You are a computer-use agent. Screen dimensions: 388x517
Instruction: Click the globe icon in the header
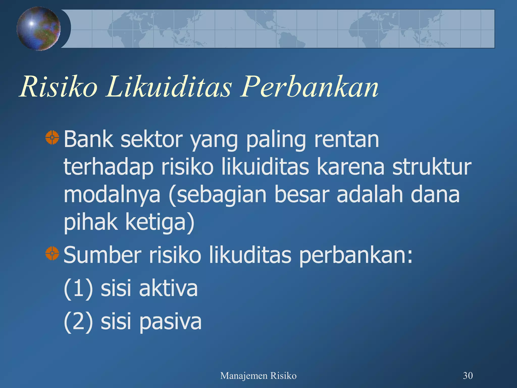click(x=38, y=29)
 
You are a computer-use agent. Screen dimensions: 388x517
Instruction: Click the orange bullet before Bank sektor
click(x=52, y=138)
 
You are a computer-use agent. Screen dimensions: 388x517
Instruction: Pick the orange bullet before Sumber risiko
click(x=52, y=253)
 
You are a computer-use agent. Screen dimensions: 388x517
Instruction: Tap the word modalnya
click(x=112, y=195)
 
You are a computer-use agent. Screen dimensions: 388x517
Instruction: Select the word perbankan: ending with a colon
click(x=356, y=256)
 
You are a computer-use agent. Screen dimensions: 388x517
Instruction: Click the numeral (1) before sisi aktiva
click(x=78, y=288)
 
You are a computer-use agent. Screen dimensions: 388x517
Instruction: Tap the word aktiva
click(x=168, y=288)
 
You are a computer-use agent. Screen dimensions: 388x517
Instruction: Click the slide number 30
click(x=468, y=376)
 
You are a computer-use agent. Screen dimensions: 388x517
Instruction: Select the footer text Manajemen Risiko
click(x=258, y=376)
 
